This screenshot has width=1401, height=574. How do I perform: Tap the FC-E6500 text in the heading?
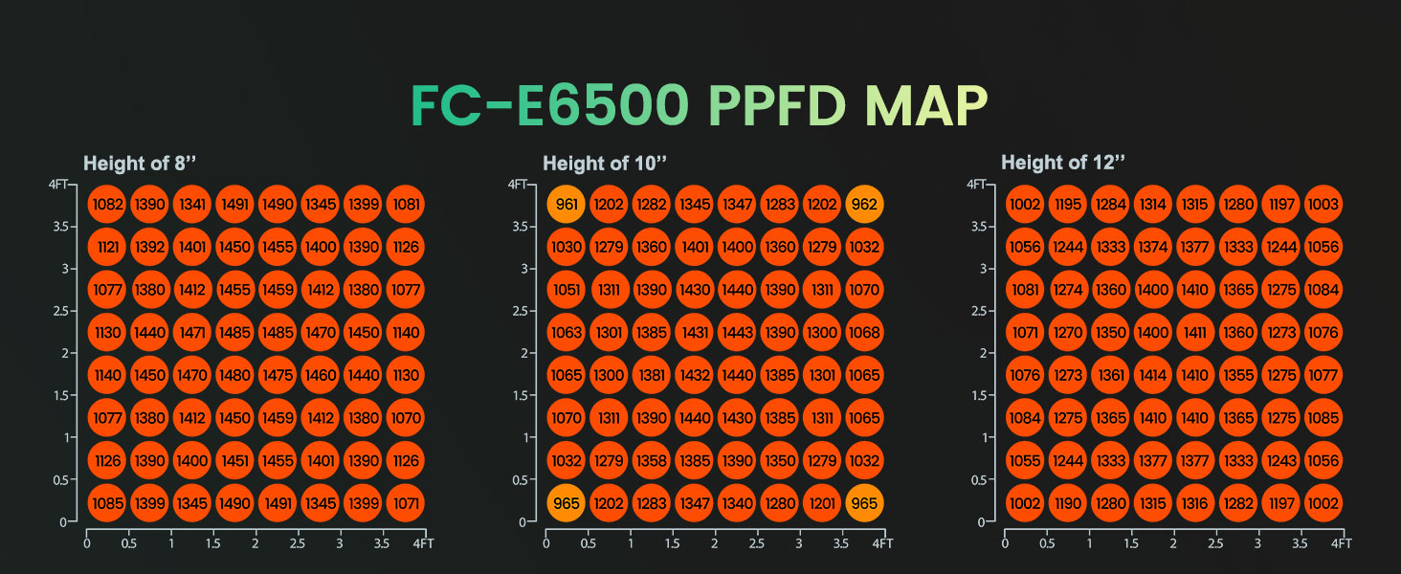(550, 106)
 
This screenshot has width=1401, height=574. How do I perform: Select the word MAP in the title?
(924, 106)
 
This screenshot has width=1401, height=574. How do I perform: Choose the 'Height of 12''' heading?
(1062, 163)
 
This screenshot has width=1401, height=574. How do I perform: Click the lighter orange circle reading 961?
(567, 205)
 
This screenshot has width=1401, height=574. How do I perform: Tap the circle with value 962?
(864, 205)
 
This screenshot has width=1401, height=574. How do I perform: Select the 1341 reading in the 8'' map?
(192, 205)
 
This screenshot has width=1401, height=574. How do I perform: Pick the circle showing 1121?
(107, 247)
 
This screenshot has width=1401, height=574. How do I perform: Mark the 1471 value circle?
(192, 333)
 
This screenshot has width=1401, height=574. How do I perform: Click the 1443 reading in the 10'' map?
(736, 333)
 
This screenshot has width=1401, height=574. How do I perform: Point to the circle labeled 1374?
(1152, 247)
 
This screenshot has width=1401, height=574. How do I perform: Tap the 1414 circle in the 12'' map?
(1152, 375)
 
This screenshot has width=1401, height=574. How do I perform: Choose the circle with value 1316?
(1194, 503)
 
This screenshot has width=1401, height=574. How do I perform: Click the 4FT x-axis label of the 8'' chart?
(423, 543)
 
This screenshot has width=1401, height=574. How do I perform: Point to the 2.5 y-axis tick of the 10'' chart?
(523, 311)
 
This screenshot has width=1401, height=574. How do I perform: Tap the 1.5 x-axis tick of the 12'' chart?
(1131, 543)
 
